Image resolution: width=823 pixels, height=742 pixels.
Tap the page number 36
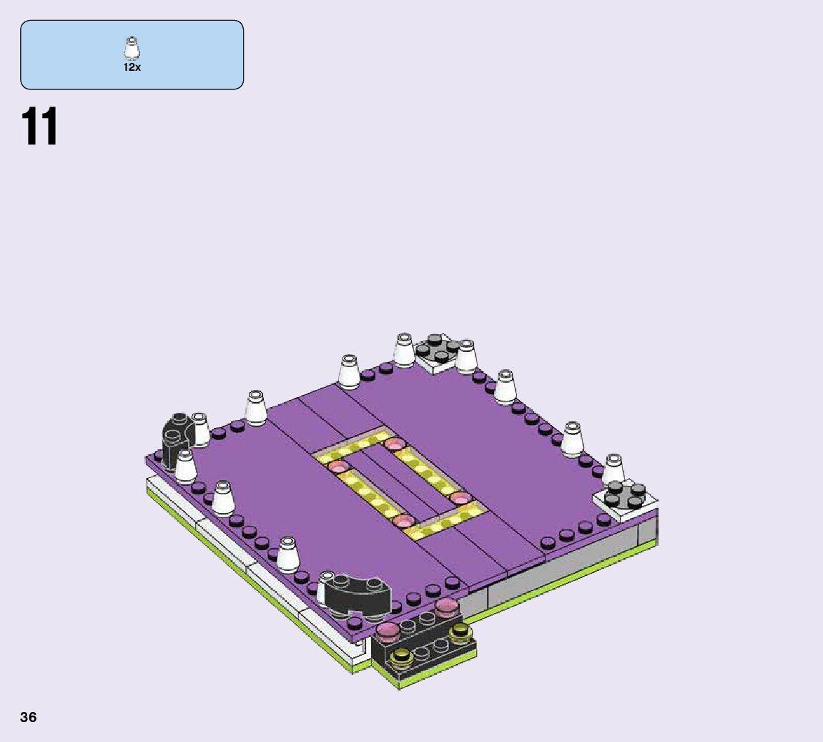pyautogui.click(x=29, y=718)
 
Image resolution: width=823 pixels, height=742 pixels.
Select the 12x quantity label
pyautogui.click(x=132, y=67)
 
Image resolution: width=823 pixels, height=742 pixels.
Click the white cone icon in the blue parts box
pyautogui.click(x=132, y=49)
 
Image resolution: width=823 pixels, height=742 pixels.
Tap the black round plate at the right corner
pyautogui.click(x=625, y=494)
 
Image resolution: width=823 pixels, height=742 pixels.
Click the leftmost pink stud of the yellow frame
pyautogui.click(x=337, y=466)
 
